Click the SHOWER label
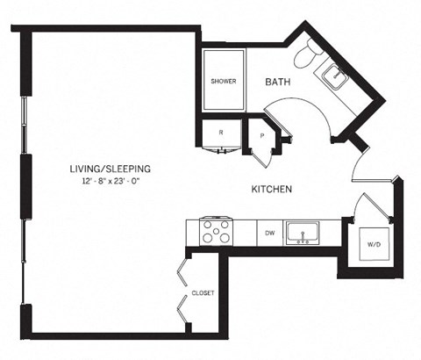224,82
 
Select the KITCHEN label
271,189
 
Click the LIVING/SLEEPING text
111,169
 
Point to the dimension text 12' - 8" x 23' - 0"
111,181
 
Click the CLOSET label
203,292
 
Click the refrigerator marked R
220,134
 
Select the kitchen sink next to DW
306,234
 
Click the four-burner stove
217,232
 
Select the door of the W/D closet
368,209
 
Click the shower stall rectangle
224,81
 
